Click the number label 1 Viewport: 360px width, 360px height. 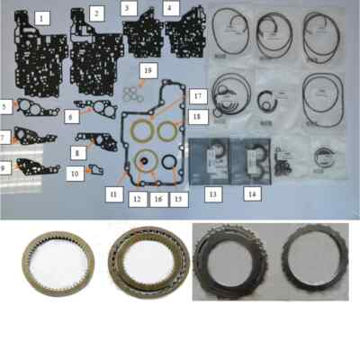coord(40,18)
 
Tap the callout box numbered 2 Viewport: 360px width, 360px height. coord(97,13)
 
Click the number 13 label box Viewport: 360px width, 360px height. coord(214,193)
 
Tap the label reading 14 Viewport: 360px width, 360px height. coord(252,193)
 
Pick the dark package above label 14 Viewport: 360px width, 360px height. coord(252,158)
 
